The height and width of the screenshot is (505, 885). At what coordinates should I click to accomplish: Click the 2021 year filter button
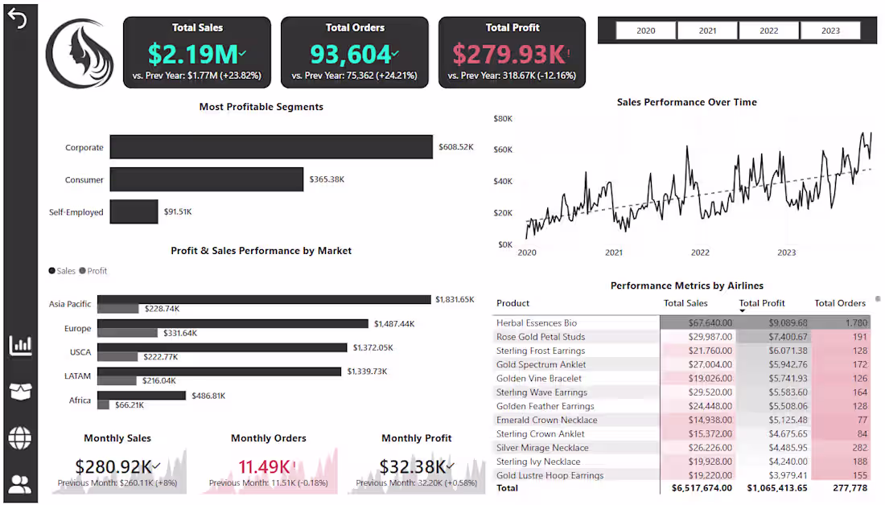[707, 31]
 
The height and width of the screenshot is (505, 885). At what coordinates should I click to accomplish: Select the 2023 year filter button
[830, 31]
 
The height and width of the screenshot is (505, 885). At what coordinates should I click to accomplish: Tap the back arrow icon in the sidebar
[18, 19]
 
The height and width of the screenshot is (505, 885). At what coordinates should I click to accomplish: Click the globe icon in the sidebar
[20, 438]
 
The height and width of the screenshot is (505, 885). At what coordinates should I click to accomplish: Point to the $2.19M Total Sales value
[194, 55]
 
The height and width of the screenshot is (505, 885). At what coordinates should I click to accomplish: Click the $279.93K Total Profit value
[508, 55]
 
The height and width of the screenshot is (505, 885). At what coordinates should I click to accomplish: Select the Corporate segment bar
[272, 147]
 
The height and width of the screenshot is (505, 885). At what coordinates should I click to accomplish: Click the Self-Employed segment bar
[134, 212]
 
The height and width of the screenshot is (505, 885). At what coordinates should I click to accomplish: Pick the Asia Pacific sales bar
[264, 300]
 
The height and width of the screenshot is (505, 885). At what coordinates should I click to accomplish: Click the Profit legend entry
[93, 271]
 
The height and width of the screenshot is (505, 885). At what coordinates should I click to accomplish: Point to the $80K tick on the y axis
[503, 118]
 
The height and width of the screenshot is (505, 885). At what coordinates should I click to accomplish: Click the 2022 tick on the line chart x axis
[700, 252]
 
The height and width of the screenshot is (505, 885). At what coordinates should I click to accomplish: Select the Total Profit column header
[762, 303]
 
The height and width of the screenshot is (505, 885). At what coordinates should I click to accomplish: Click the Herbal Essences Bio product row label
[537, 323]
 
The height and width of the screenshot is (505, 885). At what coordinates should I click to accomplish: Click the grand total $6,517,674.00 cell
[698, 488]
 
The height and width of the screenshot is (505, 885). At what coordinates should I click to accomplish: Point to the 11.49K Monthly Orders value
[263, 466]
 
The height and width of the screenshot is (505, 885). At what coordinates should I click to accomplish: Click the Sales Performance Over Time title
[686, 102]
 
